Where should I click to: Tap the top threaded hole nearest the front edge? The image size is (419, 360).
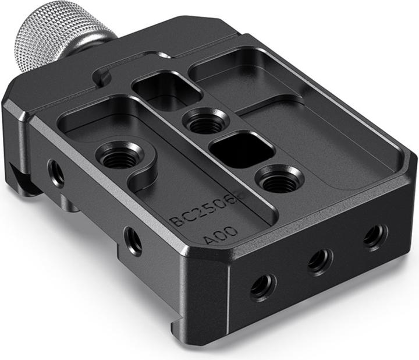coord(278,182)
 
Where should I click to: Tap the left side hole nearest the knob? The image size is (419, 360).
coord(56,174)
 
